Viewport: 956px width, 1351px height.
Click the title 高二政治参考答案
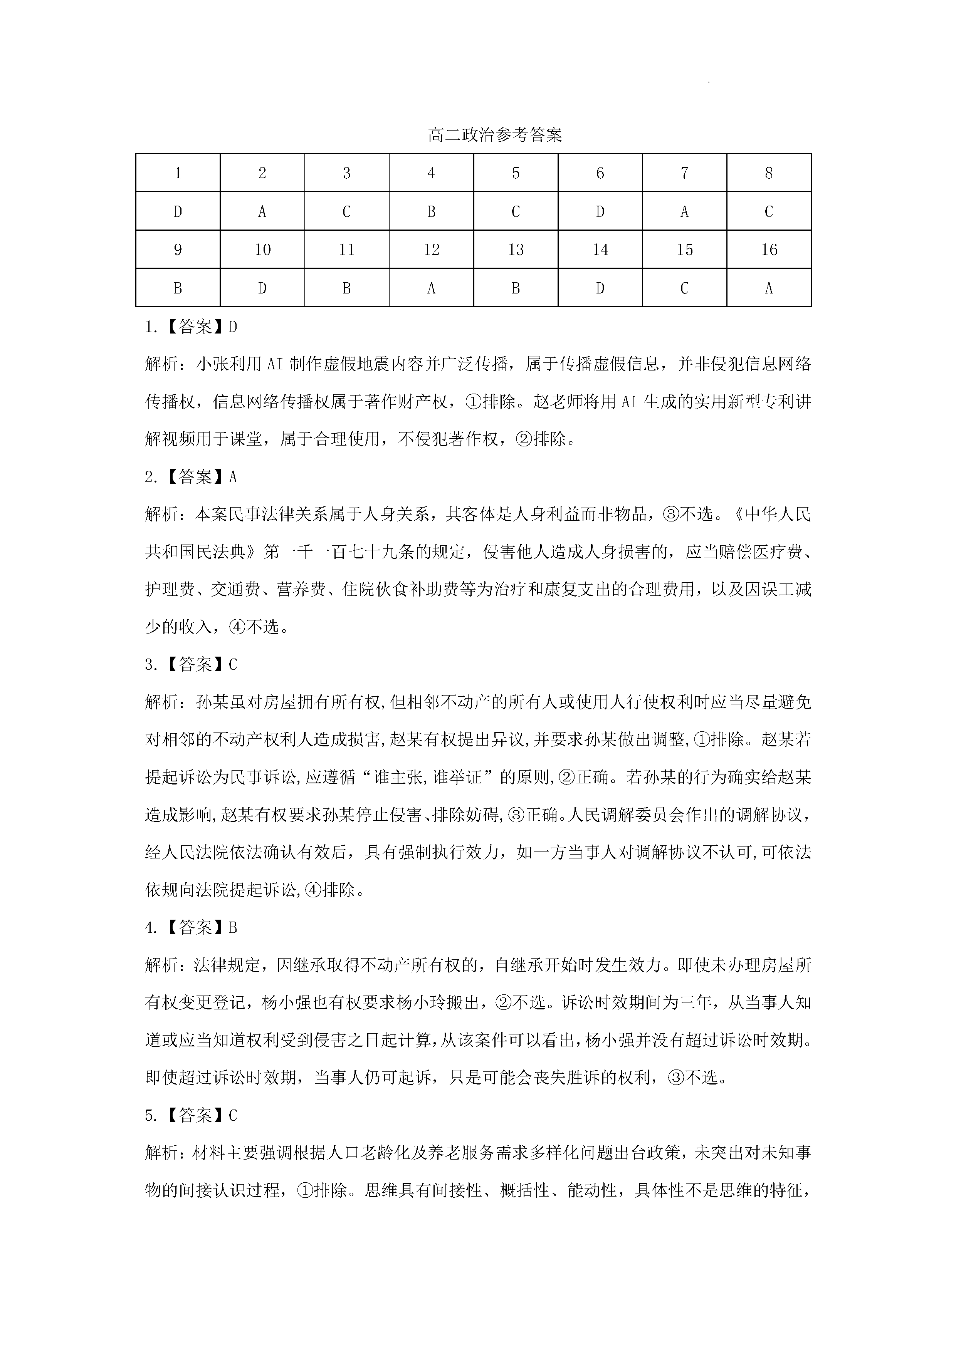tap(495, 135)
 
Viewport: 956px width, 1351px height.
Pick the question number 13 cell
tap(516, 250)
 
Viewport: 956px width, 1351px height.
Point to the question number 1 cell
tap(178, 173)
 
